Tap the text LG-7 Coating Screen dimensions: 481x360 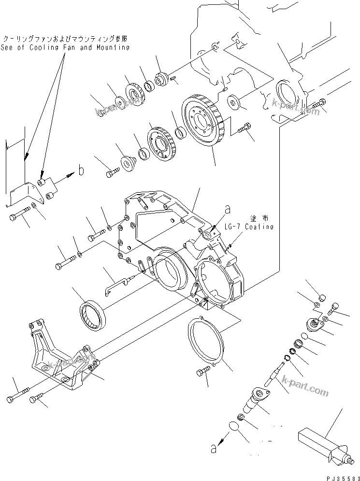(x=248, y=226)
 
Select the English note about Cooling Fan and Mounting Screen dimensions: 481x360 (x=65, y=47)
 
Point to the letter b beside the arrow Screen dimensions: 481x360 (x=81, y=170)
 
